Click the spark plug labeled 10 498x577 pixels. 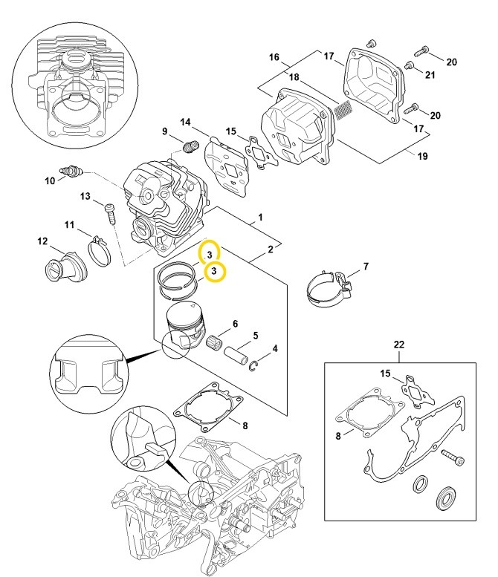point(71,171)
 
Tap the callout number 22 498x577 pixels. point(399,345)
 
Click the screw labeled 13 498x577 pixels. point(111,213)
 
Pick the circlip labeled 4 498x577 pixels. point(253,366)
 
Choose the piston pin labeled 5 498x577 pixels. point(236,354)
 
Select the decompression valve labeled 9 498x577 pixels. point(191,146)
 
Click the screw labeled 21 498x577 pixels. point(409,66)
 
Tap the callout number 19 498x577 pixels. point(422,156)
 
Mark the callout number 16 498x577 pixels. point(274,57)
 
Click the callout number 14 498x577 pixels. point(186,122)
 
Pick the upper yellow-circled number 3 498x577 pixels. point(210,255)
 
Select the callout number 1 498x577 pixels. point(260,217)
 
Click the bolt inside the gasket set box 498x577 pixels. point(453,456)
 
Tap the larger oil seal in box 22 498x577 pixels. point(447,498)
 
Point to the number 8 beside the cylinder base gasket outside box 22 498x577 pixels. point(245,426)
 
